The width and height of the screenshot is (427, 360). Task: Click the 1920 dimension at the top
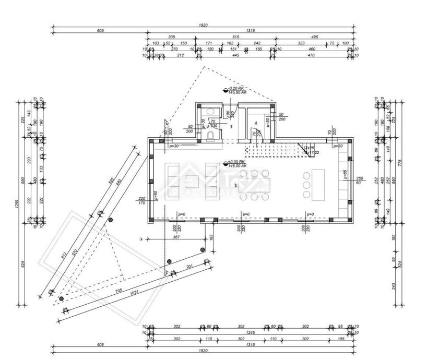204,25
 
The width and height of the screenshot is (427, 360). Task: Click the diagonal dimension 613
63,256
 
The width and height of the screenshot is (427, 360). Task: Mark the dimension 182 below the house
211,238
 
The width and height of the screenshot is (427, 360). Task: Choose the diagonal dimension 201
191,267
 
